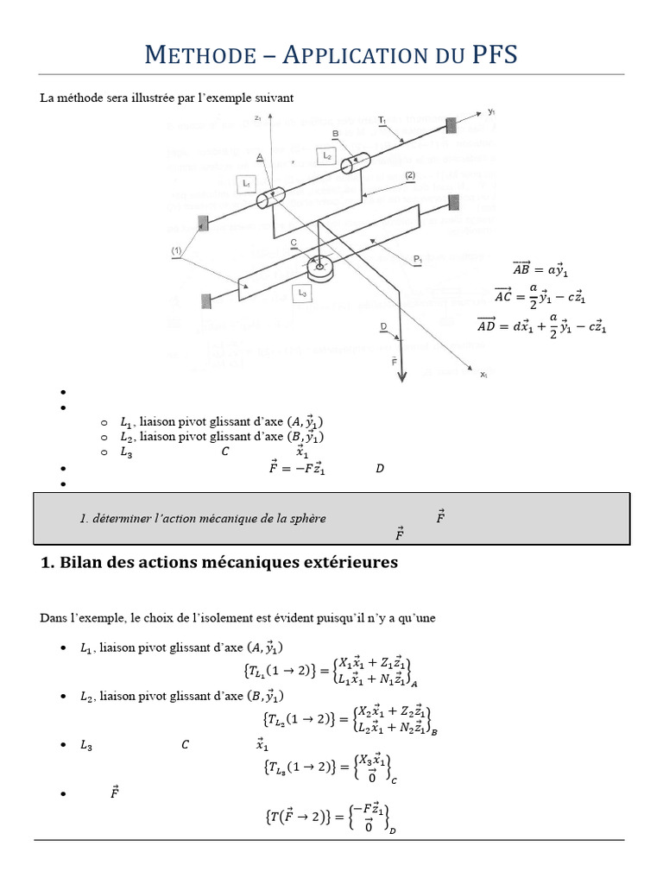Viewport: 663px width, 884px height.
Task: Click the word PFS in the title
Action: [x=489, y=56]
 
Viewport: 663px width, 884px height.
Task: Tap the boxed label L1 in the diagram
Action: [x=246, y=184]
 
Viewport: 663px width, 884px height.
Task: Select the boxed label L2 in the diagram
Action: [x=325, y=155]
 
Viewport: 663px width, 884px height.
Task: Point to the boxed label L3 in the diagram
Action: [x=302, y=294]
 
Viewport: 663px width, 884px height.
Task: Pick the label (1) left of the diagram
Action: [x=177, y=250]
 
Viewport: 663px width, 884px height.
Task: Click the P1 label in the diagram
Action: [x=418, y=258]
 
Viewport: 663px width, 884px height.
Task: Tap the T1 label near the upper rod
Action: [x=382, y=118]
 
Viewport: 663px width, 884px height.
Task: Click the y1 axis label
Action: [x=491, y=112]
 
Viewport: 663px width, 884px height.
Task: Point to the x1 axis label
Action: [x=484, y=375]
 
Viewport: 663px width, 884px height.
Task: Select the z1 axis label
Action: [x=258, y=117]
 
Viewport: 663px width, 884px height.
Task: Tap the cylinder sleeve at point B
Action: [x=355, y=164]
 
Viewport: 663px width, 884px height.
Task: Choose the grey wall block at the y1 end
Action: [x=450, y=124]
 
